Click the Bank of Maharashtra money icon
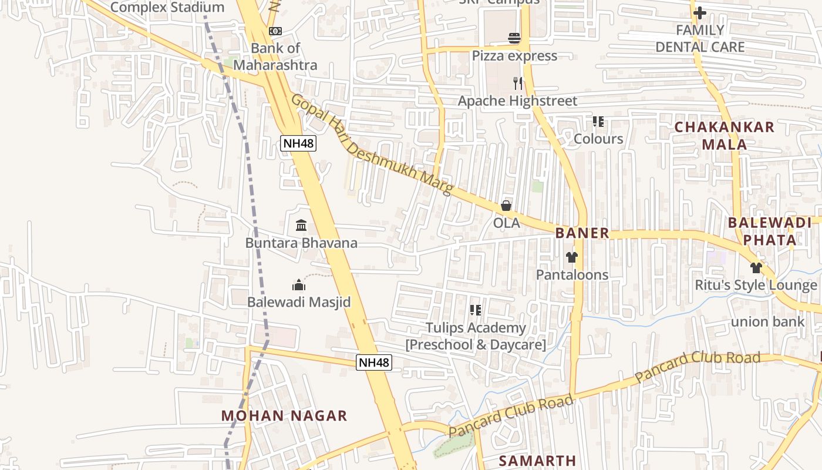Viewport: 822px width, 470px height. coord(275,31)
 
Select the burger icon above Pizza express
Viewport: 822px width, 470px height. coord(514,39)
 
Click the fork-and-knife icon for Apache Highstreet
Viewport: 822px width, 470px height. coord(517,83)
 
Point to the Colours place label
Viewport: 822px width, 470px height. coord(598,139)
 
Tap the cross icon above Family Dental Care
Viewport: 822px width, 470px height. coord(700,12)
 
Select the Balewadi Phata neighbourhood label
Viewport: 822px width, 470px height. coord(770,231)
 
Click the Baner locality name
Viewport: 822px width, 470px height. coord(582,233)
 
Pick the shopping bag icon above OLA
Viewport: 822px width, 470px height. coord(506,206)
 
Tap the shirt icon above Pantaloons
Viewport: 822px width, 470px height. coord(572,257)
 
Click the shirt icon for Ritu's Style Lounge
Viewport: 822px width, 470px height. coord(756,268)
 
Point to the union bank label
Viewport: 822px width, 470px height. coord(767,321)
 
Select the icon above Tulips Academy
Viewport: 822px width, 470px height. coord(476,310)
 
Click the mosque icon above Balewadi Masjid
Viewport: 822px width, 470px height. coord(299,286)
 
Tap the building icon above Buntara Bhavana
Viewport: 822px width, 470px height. coord(301,225)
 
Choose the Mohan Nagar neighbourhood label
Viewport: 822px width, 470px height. coord(284,416)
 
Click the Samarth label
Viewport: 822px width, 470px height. coord(537,461)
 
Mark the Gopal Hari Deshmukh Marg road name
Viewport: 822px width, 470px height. coord(372,145)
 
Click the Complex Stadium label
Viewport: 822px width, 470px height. coord(167,8)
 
